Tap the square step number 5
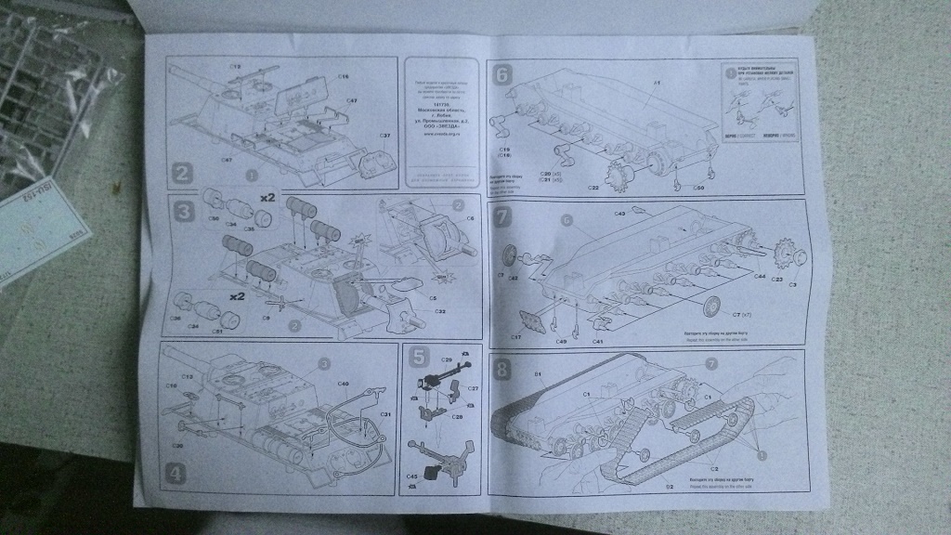pyautogui.click(x=417, y=355)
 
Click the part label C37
pyautogui.click(x=384, y=137)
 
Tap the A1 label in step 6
pyautogui.click(x=654, y=84)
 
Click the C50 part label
pyautogui.click(x=699, y=189)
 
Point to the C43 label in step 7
pyautogui.click(x=619, y=214)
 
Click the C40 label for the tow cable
pyautogui.click(x=343, y=383)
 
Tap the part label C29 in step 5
pyautogui.click(x=446, y=359)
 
